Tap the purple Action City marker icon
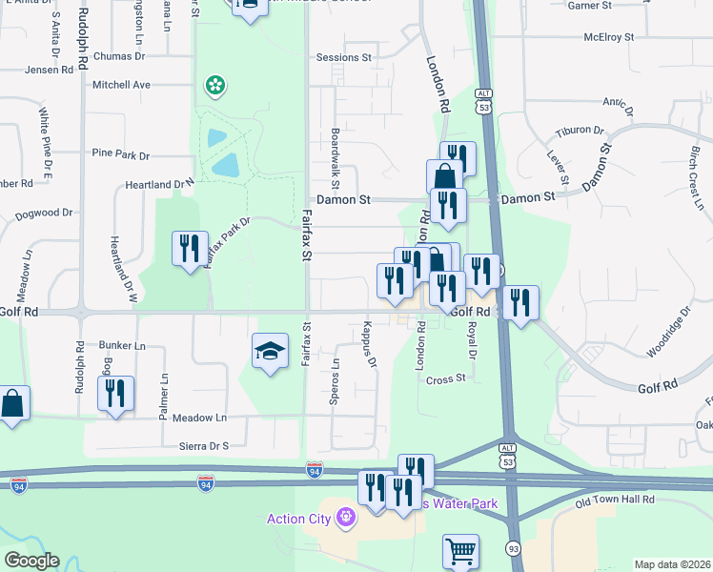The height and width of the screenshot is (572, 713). [344, 519]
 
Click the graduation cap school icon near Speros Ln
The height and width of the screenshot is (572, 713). [270, 351]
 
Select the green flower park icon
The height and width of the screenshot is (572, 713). [215, 87]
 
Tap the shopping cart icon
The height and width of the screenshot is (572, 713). [460, 550]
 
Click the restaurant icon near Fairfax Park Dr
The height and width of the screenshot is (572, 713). [189, 249]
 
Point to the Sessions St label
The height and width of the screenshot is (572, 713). [343, 58]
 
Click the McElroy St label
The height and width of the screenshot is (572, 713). [609, 38]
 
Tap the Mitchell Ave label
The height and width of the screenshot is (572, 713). [121, 85]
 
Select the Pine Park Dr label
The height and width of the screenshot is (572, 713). [121, 153]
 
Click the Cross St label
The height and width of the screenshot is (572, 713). [445, 378]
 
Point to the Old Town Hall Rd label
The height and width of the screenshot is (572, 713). [615, 500]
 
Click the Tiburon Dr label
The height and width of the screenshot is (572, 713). [580, 131]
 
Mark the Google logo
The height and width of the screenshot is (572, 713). [31, 561]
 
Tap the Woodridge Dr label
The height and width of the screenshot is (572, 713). [666, 333]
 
